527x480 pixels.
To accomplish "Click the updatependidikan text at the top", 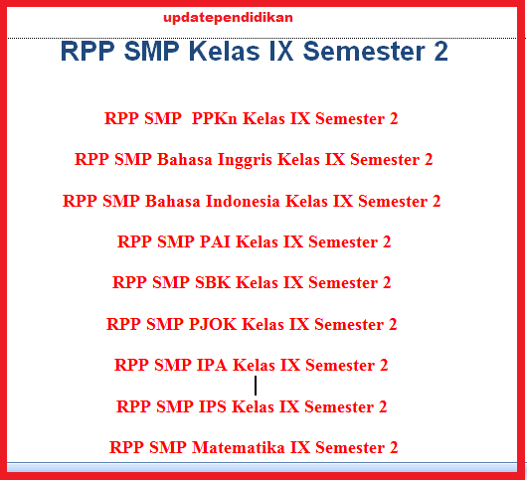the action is tap(228, 18).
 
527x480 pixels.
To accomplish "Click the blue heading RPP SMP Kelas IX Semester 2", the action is tap(255, 51).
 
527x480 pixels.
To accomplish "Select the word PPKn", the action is tap(215, 118).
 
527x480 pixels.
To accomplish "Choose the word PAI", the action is tap(215, 241).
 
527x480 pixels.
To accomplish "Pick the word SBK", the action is tap(213, 282).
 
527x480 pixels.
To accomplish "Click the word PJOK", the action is tap(213, 324).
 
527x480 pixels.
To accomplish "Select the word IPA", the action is tap(212, 365).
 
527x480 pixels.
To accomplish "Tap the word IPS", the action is tap(213, 406).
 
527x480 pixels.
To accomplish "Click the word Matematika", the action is tap(239, 447).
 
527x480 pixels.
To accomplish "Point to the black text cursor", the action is tap(256, 386).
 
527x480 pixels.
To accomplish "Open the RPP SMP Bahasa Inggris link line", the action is tap(254, 160).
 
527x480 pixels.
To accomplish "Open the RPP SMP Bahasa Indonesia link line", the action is tap(252, 201).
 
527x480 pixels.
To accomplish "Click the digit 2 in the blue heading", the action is tap(440, 51).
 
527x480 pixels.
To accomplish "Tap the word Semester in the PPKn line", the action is tap(350, 118).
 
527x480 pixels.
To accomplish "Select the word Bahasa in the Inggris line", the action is tap(185, 160).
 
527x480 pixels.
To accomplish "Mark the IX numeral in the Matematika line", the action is tap(300, 447).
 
